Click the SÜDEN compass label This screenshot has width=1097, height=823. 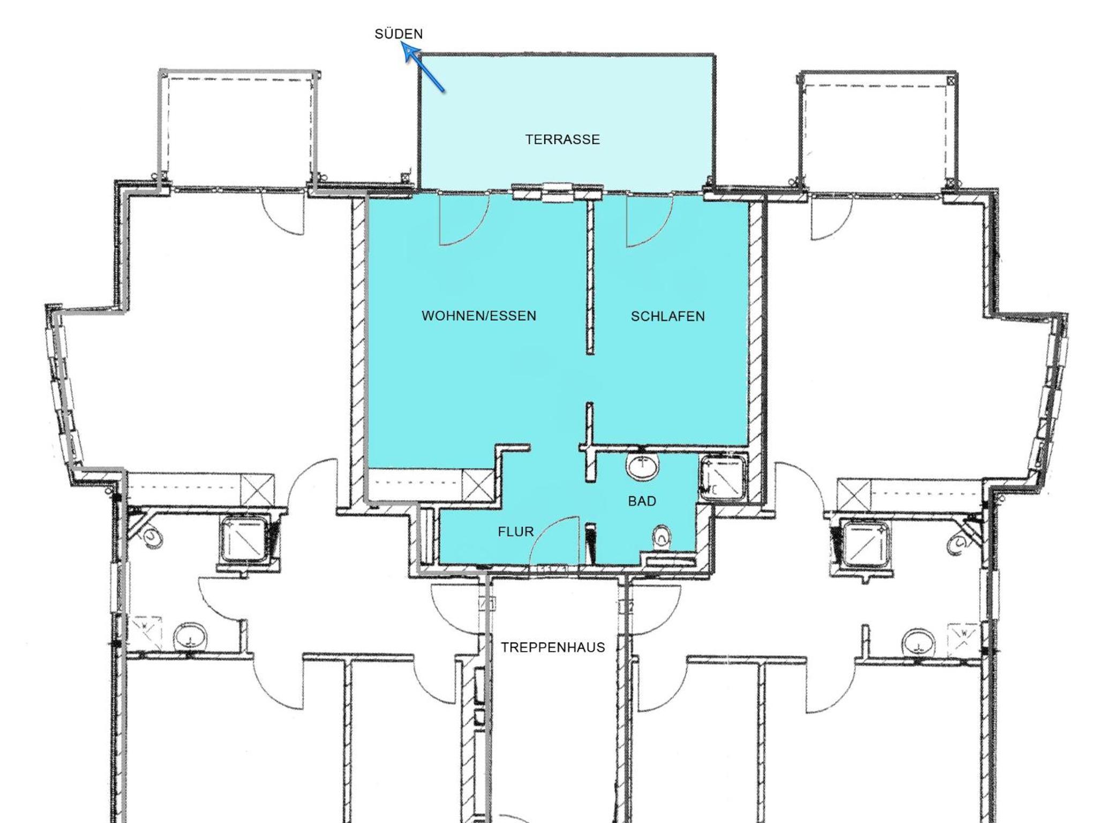click(x=399, y=34)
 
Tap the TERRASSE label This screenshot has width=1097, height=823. click(x=562, y=139)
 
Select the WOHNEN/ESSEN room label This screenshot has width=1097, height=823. click(x=479, y=316)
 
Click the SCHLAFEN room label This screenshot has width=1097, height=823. click(x=667, y=316)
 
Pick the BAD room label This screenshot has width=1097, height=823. click(x=642, y=501)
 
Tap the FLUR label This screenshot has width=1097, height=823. click(x=516, y=532)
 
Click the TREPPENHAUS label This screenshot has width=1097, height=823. click(x=553, y=647)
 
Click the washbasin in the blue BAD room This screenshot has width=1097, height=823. click(x=643, y=467)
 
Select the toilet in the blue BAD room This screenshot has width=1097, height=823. click(x=662, y=537)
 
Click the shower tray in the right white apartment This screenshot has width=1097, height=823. click(x=866, y=542)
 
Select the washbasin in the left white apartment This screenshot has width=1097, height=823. click(x=190, y=637)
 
